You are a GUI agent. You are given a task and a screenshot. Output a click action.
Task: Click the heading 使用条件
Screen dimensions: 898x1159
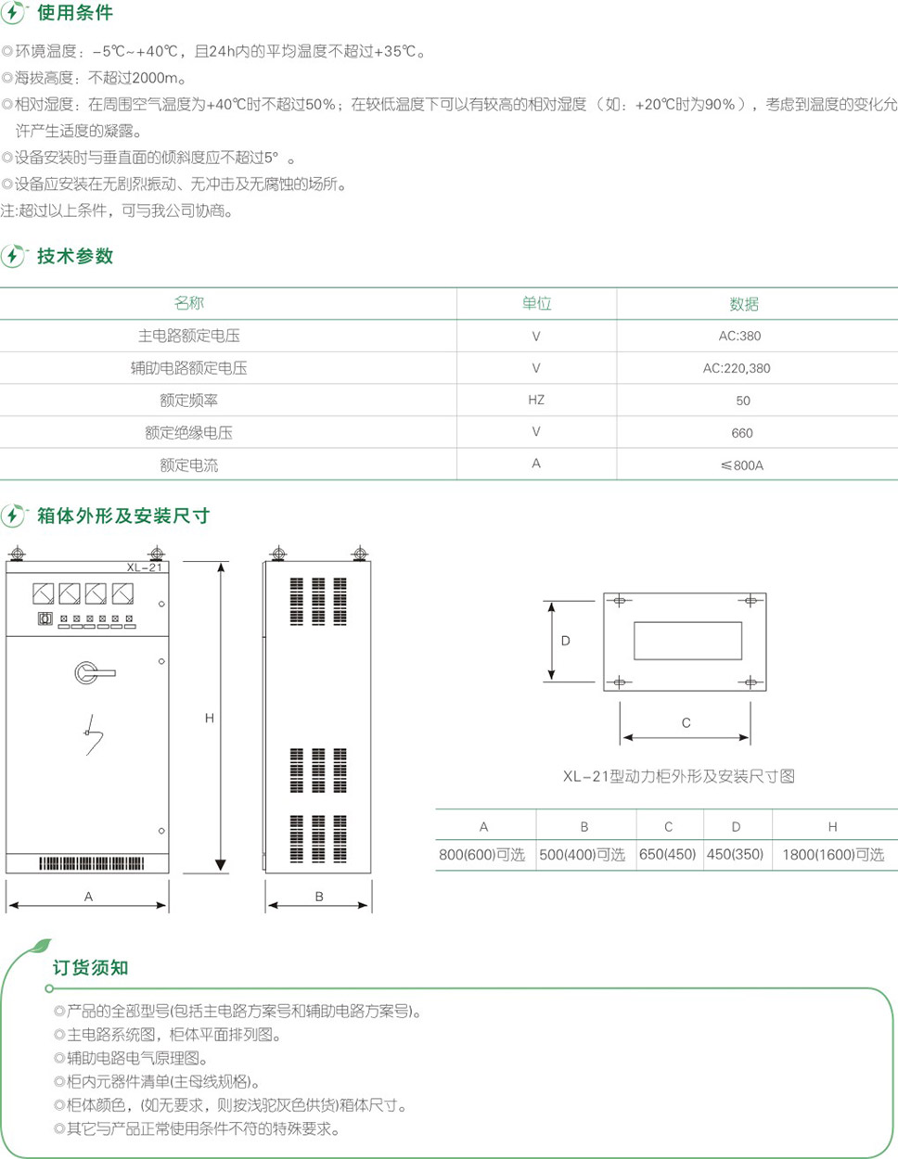75,13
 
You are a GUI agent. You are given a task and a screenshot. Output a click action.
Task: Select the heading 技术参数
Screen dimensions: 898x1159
75,256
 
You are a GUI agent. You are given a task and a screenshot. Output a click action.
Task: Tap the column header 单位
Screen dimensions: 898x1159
536,303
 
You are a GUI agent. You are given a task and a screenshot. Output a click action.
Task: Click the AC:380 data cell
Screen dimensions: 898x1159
739,336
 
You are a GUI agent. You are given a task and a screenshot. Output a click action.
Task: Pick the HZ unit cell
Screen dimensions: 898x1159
536,400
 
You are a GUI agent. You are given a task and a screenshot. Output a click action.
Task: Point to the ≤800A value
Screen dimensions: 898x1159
741,465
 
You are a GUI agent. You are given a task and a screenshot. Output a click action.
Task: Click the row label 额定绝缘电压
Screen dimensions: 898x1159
189,433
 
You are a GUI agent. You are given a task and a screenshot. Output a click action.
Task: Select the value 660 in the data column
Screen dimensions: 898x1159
741,433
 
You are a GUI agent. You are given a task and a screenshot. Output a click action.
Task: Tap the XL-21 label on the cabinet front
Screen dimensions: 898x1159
144,567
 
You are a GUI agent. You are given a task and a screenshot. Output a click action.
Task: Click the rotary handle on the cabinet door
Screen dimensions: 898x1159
95,673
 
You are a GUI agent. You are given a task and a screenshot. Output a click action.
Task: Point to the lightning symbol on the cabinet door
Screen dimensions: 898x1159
94,735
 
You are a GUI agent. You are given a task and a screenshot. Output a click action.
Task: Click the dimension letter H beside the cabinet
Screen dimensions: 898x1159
209,718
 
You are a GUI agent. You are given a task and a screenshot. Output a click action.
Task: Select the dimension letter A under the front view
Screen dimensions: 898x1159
88,897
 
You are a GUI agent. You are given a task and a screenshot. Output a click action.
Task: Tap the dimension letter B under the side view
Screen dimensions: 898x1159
319,897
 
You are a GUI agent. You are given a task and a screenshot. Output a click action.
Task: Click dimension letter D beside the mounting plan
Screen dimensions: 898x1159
566,641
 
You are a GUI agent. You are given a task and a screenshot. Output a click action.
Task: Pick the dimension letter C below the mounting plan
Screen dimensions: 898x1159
686,722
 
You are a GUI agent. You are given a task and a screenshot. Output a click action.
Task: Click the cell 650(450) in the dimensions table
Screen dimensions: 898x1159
668,854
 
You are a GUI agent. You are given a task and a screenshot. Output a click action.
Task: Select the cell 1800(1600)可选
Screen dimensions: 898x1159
833,855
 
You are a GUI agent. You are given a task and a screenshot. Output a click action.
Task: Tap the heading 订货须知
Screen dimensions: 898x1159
90,967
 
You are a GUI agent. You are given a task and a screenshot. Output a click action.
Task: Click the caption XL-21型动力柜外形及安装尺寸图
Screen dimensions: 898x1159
679,777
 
